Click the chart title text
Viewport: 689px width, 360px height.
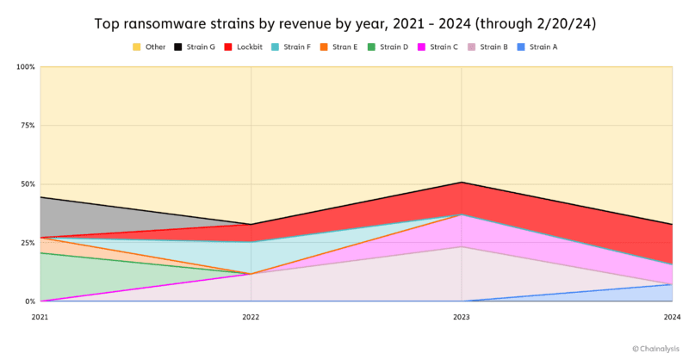344,23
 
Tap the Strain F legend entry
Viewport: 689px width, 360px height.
295,47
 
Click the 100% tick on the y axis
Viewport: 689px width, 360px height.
26,67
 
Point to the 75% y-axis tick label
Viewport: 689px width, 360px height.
28,126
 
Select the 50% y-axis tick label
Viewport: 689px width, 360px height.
28,184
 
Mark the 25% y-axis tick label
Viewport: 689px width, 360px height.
28,243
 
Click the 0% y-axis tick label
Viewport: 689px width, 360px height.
29,301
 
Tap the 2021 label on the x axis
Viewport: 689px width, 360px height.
40,317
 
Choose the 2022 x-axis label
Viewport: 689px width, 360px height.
251,317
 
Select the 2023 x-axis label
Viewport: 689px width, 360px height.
462,317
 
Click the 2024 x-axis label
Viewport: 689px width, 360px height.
672,317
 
